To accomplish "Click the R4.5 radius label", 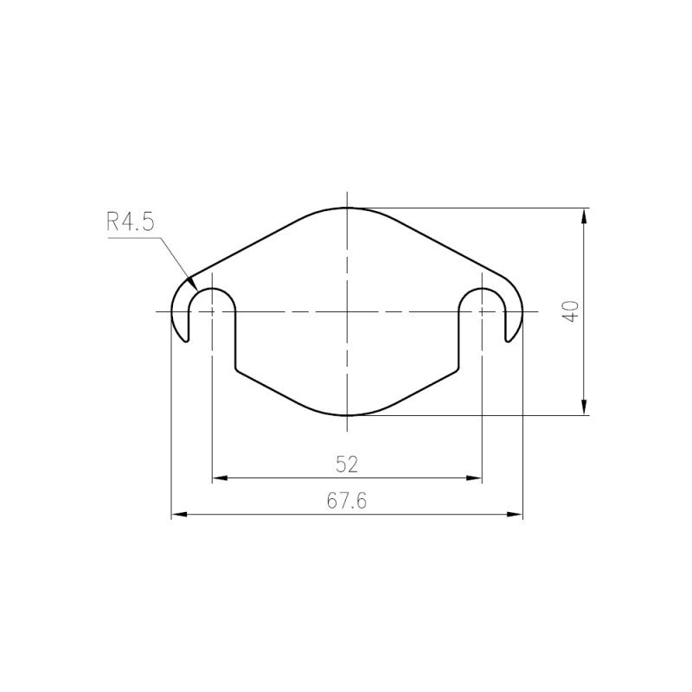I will tap(130, 221).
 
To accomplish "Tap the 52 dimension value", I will tap(347, 465).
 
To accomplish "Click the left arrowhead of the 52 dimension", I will tap(217, 477).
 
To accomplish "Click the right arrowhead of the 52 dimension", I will tap(476, 477).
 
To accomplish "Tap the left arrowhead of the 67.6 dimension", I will tap(177, 516).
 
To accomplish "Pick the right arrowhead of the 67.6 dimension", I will tap(517, 516).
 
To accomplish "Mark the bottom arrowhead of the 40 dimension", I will tap(586, 409).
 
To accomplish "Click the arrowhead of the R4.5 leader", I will tap(193, 285).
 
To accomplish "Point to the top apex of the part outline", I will tap(347, 208).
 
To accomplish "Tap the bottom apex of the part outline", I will tap(347, 415).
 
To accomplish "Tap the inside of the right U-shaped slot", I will tap(481, 320).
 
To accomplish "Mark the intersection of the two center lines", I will tap(347, 311).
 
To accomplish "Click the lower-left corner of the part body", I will tap(236, 368).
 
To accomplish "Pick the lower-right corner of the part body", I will tap(458, 368).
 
